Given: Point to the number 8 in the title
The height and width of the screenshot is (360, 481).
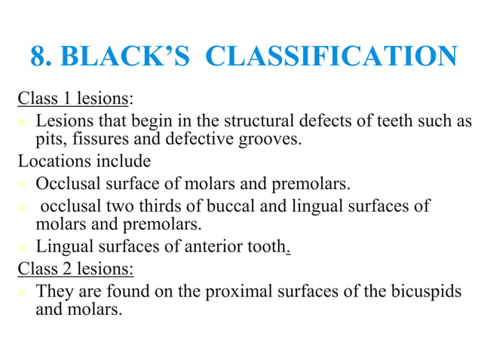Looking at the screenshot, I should [x=38, y=57].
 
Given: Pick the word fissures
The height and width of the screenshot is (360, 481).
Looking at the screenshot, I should [x=97, y=140].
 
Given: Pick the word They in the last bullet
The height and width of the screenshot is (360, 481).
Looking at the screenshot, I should [x=54, y=290].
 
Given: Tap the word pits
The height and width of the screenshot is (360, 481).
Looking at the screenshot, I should [x=51, y=140].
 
